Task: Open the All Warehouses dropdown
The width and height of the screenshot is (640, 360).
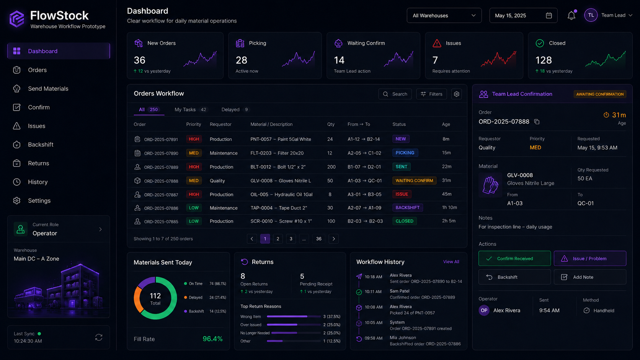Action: [444, 15]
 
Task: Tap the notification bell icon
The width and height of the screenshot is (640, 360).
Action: [571, 15]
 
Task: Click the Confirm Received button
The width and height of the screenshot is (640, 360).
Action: [514, 258]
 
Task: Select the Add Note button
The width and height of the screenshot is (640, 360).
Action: [590, 277]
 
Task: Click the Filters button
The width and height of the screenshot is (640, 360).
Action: [431, 94]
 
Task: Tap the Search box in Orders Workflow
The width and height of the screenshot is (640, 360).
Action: [395, 94]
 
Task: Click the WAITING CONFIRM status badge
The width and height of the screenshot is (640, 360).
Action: [414, 181]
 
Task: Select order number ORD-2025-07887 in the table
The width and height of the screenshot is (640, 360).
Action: [161, 195]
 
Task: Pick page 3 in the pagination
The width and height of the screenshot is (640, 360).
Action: [291, 239]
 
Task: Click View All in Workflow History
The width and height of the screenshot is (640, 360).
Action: [451, 262]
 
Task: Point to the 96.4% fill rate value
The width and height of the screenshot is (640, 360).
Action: [212, 339]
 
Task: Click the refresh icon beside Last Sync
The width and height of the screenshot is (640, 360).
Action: [99, 337]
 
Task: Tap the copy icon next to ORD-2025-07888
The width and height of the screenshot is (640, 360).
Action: [537, 122]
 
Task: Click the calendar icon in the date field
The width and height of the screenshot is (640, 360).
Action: [549, 15]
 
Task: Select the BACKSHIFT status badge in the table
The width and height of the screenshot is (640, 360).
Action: [407, 208]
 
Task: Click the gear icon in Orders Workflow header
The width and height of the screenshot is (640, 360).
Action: [457, 94]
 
